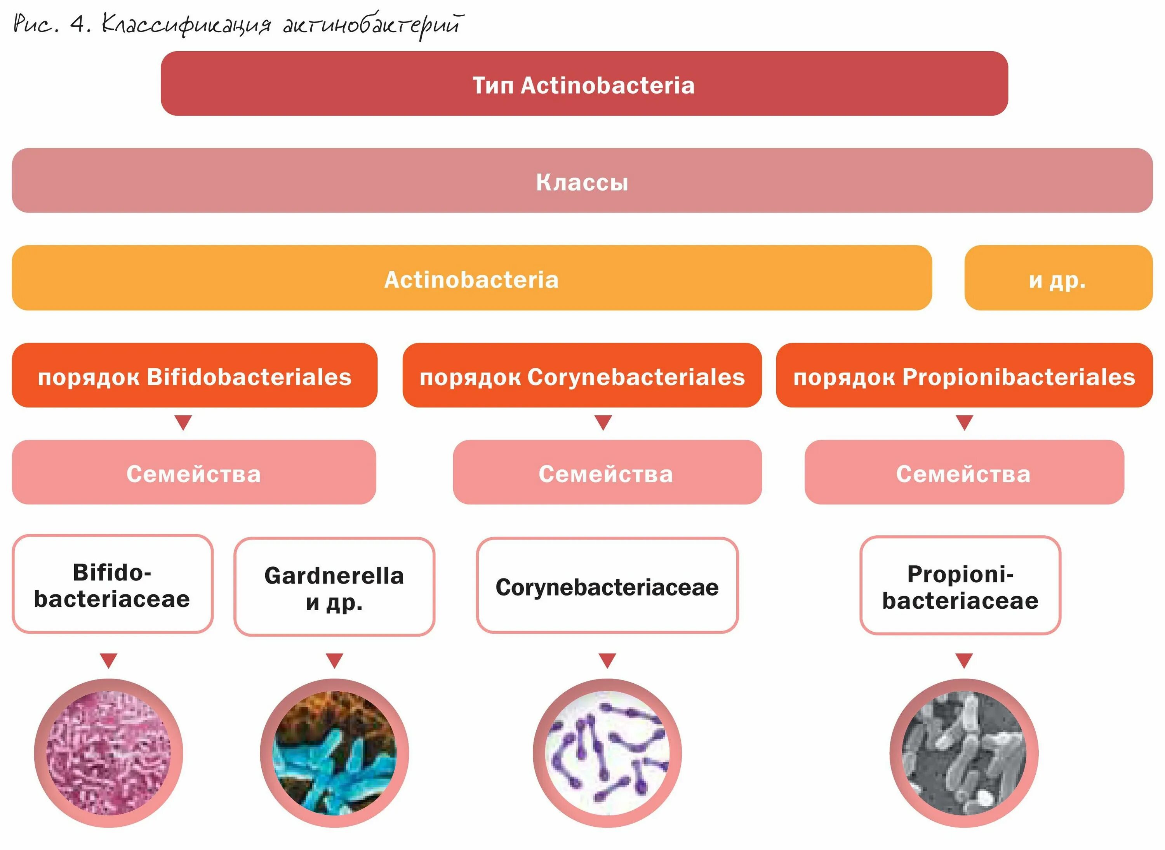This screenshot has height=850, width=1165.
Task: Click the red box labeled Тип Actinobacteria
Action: click(584, 84)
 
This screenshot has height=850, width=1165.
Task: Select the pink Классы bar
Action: click(582, 181)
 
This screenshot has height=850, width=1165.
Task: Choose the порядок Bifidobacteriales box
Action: click(195, 376)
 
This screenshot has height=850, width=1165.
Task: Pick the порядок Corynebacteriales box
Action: click(582, 376)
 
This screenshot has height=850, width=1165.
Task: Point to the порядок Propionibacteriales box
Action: click(963, 376)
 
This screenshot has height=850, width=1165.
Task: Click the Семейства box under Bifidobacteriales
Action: click(194, 472)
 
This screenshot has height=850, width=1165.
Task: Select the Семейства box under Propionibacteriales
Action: click(963, 472)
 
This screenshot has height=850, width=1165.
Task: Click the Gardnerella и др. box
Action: click(334, 587)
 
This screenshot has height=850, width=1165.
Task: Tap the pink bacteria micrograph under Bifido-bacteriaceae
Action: click(108, 753)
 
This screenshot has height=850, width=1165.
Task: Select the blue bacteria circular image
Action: click(334, 753)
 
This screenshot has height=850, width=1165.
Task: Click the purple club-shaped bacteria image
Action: click(607, 753)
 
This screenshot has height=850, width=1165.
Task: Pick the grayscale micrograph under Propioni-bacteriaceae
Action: click(963, 753)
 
